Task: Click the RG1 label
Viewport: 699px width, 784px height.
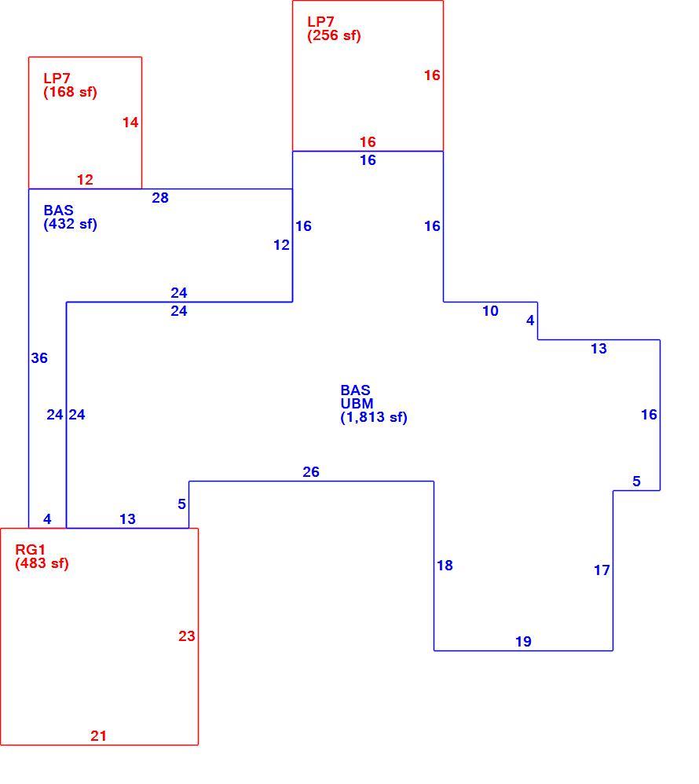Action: coord(31,549)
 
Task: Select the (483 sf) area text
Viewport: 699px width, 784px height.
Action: coord(42,563)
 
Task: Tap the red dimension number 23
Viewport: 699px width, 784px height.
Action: coord(186,636)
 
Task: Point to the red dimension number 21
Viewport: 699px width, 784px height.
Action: coord(98,736)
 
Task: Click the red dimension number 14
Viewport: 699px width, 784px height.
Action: coord(130,123)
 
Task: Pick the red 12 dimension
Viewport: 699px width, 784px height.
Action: coord(85,179)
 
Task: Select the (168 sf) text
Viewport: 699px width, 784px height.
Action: coord(71,92)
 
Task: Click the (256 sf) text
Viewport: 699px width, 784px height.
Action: coord(334,35)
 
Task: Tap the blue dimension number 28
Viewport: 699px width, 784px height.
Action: coord(160,198)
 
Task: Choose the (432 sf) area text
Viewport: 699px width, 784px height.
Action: coord(71,224)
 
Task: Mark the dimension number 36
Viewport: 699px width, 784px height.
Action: coord(39,358)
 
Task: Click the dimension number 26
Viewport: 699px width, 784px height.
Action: coord(311,472)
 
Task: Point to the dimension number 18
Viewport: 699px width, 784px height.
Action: coord(445,566)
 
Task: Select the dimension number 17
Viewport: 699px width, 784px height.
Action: coord(602,570)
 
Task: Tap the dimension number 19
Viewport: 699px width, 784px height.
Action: coord(524,642)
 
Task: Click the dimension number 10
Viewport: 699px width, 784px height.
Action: coord(491,311)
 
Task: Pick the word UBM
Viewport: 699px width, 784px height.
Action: coord(357,404)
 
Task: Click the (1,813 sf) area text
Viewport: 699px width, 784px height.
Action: coord(374,417)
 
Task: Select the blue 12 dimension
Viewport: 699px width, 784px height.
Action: coord(281,245)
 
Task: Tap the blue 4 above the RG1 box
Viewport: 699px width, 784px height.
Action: coord(47,519)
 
